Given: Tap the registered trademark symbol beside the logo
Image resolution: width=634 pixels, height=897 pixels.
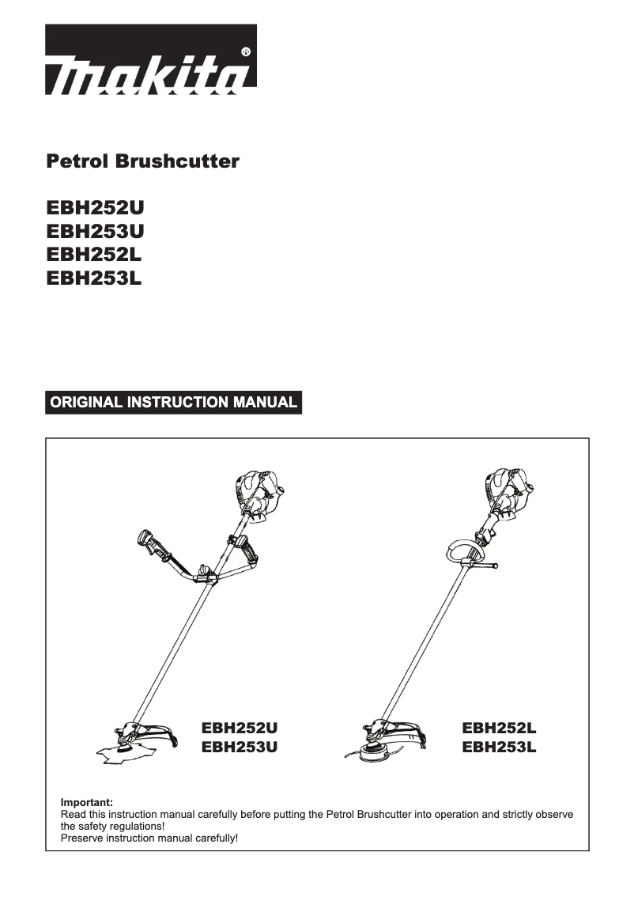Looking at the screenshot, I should [x=245, y=52].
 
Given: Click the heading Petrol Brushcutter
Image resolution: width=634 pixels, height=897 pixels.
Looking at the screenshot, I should [x=143, y=162].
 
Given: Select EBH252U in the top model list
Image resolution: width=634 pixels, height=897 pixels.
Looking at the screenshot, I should [x=96, y=209].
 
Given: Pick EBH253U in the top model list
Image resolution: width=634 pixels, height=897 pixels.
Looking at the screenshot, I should [x=96, y=232].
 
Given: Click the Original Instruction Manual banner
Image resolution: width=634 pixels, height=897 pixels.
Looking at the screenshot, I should [x=174, y=402].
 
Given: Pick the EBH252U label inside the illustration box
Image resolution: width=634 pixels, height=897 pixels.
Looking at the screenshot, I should [x=240, y=727].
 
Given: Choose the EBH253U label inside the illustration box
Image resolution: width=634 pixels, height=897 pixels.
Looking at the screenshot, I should [x=240, y=746].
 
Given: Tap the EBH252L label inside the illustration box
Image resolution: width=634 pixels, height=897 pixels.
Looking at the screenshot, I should [x=499, y=727].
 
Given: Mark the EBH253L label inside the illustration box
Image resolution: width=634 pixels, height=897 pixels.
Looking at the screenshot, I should [x=499, y=746].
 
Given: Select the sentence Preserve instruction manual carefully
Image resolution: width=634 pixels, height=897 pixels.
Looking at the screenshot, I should [x=149, y=837].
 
